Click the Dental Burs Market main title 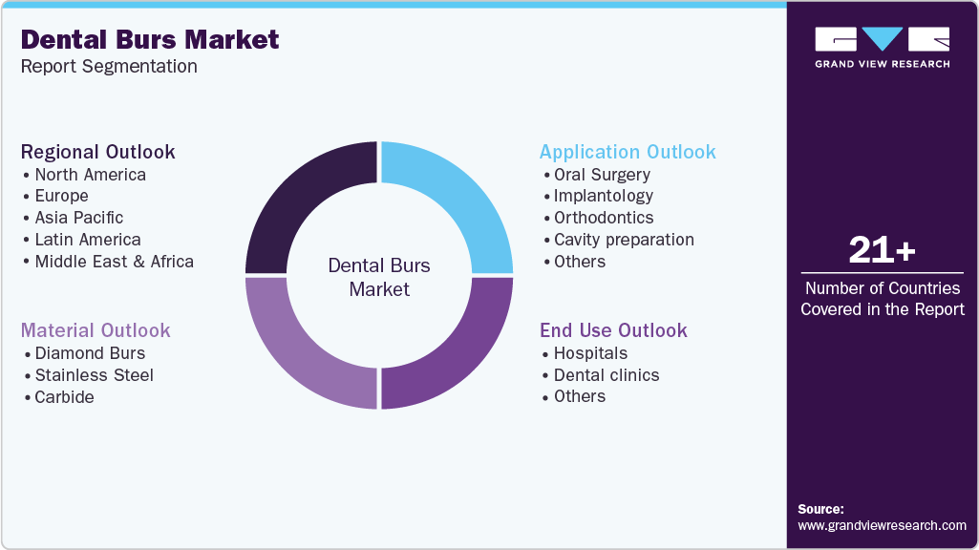click(x=150, y=39)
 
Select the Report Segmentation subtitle click(x=109, y=67)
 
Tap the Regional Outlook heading click(x=98, y=152)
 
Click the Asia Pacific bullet click(x=78, y=218)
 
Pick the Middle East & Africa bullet click(x=114, y=262)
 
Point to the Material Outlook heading click(x=96, y=330)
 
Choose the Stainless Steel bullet click(x=94, y=375)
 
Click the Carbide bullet click(x=64, y=397)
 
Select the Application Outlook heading click(x=628, y=152)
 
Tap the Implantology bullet click(x=603, y=196)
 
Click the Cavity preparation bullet click(x=623, y=240)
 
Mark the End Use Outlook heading click(x=613, y=330)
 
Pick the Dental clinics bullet click(x=606, y=375)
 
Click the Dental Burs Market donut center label click(x=379, y=277)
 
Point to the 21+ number click(x=882, y=250)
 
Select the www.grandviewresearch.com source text click(x=882, y=525)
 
